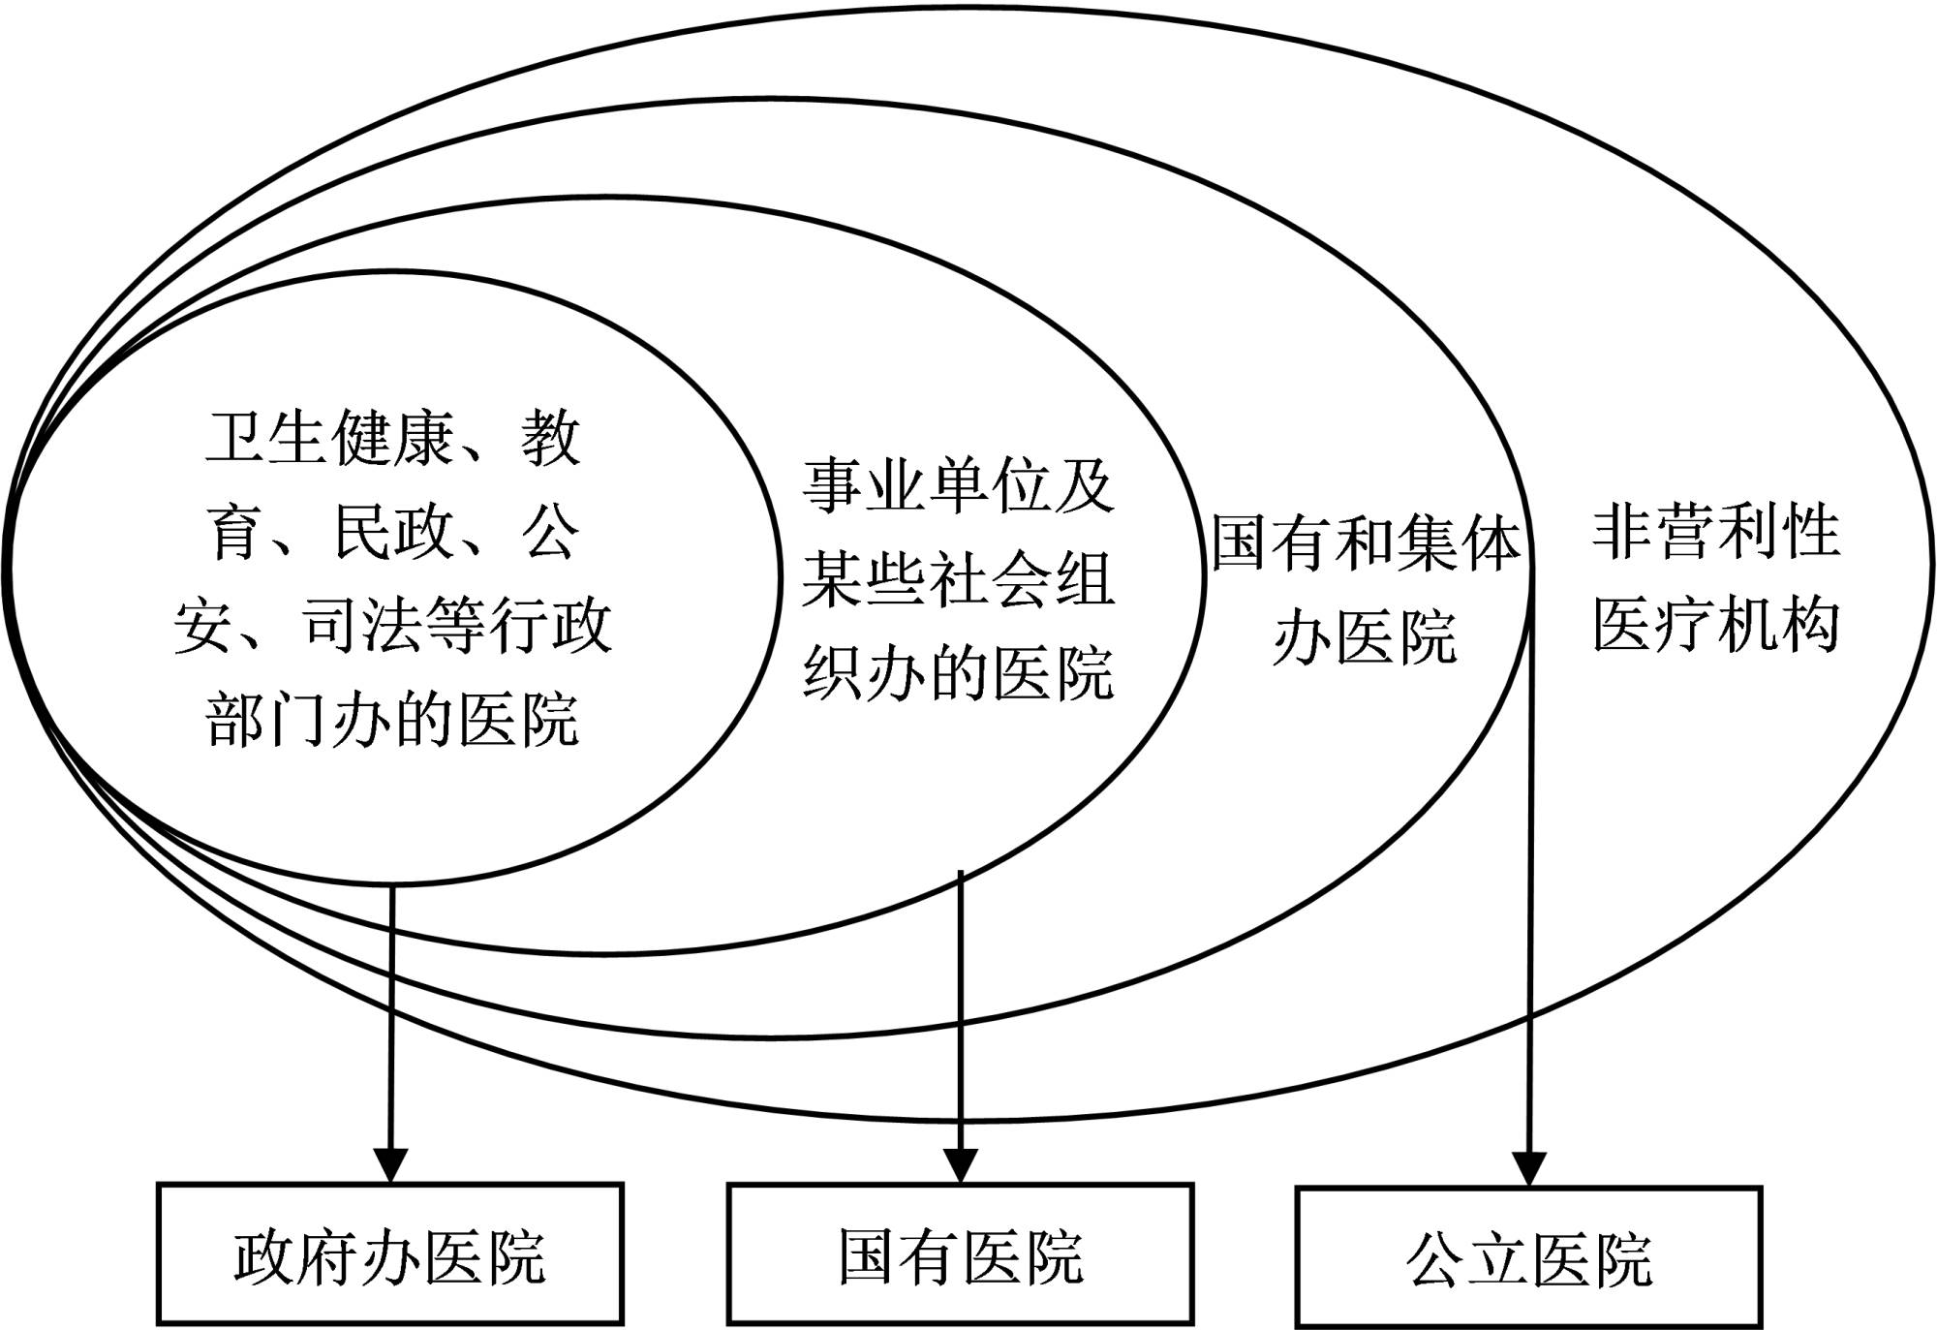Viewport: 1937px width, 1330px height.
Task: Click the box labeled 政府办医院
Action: pos(389,1253)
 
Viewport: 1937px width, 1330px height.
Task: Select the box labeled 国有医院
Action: pos(960,1253)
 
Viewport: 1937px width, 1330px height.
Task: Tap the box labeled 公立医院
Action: pos(1528,1256)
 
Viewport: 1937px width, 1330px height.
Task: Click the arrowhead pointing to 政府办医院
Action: pos(390,1164)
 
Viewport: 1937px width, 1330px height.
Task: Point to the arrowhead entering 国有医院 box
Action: pos(960,1164)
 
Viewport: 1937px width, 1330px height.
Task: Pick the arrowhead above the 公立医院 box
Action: pos(1529,1167)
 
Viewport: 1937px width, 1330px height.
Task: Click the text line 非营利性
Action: pos(1715,531)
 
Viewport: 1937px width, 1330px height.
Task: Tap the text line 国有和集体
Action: pos(1366,543)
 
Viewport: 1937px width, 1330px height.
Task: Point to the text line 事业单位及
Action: pos(958,485)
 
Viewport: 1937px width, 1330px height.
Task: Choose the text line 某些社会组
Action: pos(958,579)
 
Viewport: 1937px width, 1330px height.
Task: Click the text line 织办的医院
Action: pos(958,672)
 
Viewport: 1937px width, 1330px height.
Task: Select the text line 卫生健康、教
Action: pos(392,437)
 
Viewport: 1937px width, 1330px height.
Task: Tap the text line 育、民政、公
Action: pos(392,531)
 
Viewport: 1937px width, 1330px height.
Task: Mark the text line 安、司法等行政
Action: pos(392,625)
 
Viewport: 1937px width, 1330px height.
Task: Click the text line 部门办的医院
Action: pos(392,718)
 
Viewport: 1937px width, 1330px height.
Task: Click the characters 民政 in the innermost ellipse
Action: pos(391,531)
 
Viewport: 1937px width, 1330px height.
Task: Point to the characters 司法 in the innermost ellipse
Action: pos(362,625)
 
